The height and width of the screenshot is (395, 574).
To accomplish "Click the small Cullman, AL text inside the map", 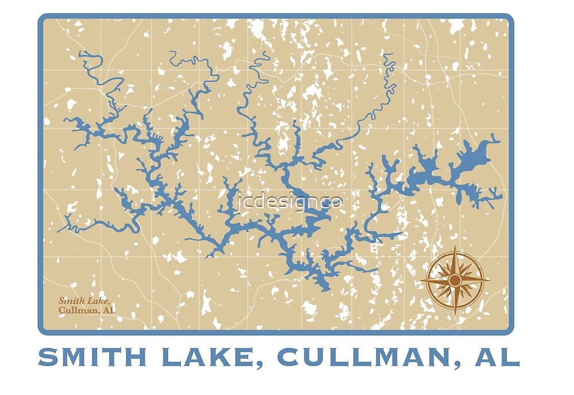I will coord(87,311).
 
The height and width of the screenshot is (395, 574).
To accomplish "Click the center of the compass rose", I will coord(455,280).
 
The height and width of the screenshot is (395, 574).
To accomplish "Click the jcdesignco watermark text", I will coord(290,202).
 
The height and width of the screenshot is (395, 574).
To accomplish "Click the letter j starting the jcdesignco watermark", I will coord(238,203).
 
